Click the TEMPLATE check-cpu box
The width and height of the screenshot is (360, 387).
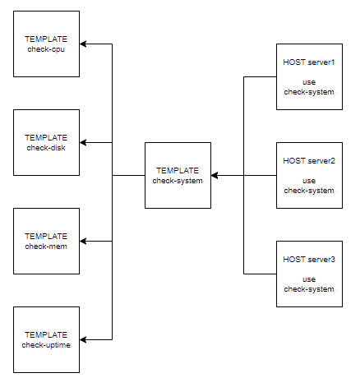[x=46, y=44]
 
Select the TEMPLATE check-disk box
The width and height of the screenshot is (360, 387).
[x=46, y=143]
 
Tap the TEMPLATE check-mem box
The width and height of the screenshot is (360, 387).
[x=46, y=242]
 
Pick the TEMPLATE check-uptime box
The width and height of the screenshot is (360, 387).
[x=46, y=340]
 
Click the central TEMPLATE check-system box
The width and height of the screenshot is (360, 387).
[x=178, y=176]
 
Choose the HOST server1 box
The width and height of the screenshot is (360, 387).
[x=309, y=77]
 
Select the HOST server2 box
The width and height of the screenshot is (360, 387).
[x=309, y=176]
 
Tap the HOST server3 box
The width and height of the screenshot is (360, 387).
[x=309, y=274]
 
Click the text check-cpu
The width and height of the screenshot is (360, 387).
[x=46, y=49]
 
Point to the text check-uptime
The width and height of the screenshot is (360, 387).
[x=46, y=345]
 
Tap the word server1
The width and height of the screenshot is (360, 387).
[x=321, y=62]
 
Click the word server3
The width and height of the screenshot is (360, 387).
[x=321, y=260]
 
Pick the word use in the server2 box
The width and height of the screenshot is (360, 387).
[x=309, y=181]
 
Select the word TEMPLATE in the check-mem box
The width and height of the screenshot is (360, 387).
[x=46, y=237]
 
